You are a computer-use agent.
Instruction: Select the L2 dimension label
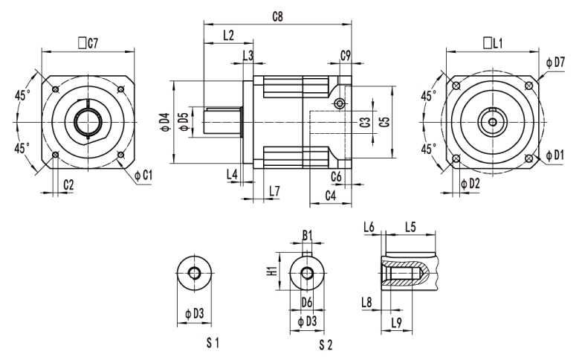click(x=228, y=35)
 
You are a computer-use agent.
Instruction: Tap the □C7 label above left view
click(x=88, y=43)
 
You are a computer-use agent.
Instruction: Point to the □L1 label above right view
click(x=491, y=43)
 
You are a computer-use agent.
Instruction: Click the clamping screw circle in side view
click(x=340, y=103)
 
